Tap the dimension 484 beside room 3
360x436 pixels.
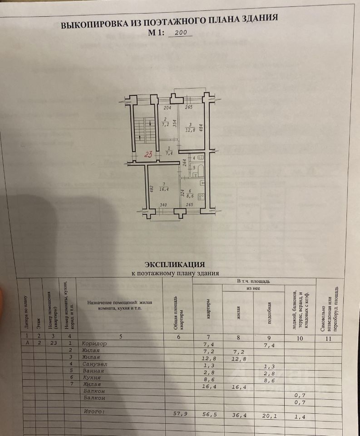tap(200, 128)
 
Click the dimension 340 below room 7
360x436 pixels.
tap(163, 205)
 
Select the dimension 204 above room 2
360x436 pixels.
tap(167, 108)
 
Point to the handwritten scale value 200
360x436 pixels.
tap(180, 33)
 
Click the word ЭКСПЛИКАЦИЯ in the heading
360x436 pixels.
tap(175, 264)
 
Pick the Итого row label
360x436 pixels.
tap(94, 411)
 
